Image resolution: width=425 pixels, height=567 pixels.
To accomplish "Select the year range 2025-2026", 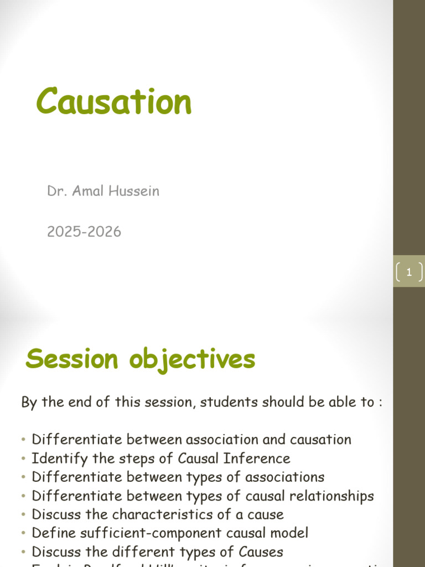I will pos(84,232).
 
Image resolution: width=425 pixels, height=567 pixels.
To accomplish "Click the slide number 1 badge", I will pos(409,272).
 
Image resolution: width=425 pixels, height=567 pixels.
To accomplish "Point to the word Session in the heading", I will pos(72,359).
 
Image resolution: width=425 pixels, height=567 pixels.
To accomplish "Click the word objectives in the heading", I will pos(192,360).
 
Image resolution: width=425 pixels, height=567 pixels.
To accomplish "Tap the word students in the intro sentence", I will pos(226,402).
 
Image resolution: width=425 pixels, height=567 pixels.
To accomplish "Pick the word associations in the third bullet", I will pos(284,477).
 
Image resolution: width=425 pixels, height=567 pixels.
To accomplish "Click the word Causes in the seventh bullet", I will pos(261,553).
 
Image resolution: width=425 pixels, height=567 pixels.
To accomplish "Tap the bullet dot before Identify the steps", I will pos(24,459).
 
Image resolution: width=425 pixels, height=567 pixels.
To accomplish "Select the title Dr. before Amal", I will pos(55,192).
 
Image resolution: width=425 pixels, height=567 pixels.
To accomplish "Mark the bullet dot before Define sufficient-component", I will pos(24,534).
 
